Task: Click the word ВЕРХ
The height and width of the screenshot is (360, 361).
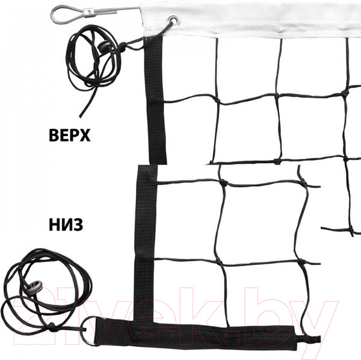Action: point(70,135)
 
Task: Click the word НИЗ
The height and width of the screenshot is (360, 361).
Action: point(66,225)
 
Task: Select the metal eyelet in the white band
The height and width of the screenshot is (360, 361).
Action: point(173,20)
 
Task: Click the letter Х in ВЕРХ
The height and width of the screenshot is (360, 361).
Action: point(84,135)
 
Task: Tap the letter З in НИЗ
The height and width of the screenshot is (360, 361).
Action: point(78,225)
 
